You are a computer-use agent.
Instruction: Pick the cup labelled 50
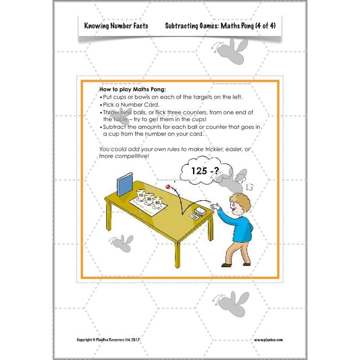tap(157, 203)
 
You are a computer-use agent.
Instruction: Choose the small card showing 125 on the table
tap(194, 217)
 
